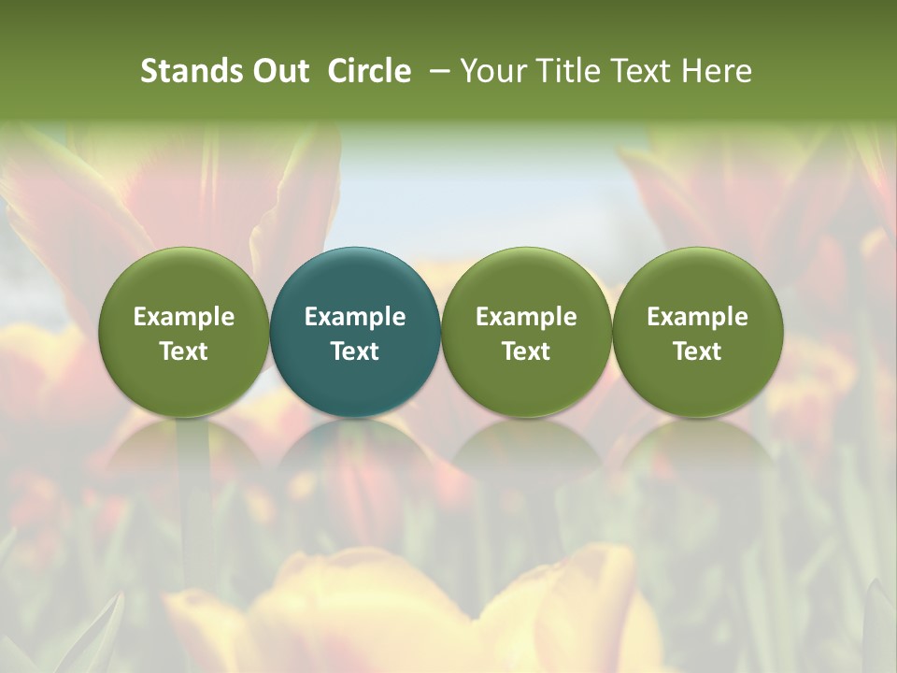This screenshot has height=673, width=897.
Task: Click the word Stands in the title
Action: [191, 71]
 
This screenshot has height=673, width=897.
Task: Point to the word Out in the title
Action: [280, 71]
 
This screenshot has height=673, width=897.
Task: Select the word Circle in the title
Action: [369, 71]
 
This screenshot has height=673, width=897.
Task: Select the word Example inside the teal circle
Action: [355, 317]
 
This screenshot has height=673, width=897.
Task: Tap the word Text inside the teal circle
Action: [355, 351]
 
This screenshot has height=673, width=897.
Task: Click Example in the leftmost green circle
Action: [184, 317]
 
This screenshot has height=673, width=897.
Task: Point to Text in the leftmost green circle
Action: [184, 351]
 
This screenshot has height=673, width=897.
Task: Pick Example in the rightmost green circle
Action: [697, 317]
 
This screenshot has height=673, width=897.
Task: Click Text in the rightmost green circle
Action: [697, 351]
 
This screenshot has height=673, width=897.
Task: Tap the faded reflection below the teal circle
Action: [355, 458]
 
